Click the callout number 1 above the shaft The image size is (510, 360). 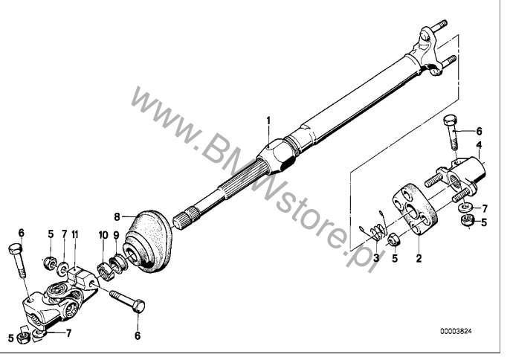pos(268,120)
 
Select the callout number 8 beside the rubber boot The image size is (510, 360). pos(117,216)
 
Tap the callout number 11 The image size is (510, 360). pos(75,234)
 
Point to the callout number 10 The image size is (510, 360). pos(103,235)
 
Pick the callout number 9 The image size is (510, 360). pos(117,235)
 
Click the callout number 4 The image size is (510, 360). pos(479,145)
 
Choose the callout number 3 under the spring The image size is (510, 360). pos(376,258)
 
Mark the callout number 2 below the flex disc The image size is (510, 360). pos(419,258)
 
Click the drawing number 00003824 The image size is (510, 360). pos(456,331)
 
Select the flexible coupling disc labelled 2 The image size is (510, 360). pos(415,209)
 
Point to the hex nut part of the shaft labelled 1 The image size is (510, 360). pos(277,155)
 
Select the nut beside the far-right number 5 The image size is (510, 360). pos(467,220)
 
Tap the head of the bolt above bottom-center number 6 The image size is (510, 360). pos(138,306)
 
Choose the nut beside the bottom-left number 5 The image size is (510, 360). pos(24,338)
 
